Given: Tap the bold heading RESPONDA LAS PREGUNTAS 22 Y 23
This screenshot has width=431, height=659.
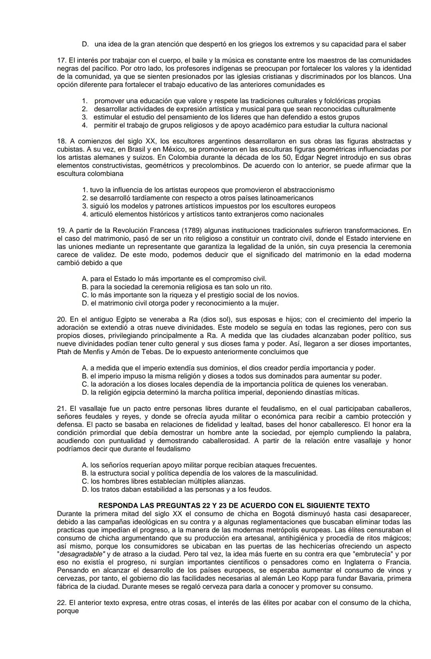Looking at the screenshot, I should pyautogui.click(x=234, y=505).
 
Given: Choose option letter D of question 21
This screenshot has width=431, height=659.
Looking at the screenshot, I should pyautogui.click(x=84, y=489).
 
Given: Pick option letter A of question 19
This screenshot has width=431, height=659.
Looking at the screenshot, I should pyautogui.click(x=84, y=279).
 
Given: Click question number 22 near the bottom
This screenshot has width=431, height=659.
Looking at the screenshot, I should pyautogui.click(x=61, y=603).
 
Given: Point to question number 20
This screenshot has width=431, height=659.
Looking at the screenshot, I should pyautogui.click(x=61, y=319).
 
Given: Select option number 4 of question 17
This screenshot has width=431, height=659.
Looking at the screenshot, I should pyautogui.click(x=84, y=125).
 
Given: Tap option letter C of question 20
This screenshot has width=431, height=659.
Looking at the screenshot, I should pyautogui.click(x=84, y=384).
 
